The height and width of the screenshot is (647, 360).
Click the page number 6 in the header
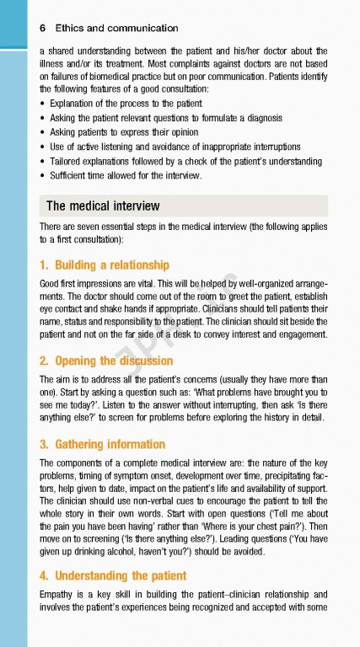pyautogui.click(x=43, y=27)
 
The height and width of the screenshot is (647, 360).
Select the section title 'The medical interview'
pyautogui.click(x=102, y=206)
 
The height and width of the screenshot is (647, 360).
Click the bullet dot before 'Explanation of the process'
pyautogui.click(x=43, y=104)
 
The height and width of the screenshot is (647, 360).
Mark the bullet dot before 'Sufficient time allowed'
pyautogui.click(x=43, y=175)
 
